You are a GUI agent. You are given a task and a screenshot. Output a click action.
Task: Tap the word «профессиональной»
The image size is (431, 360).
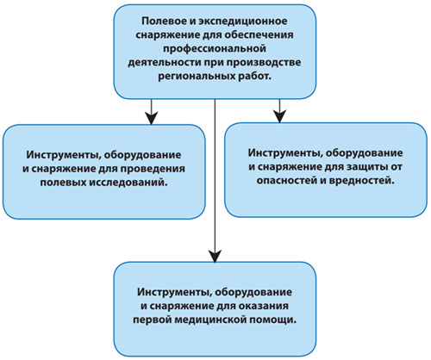click(x=215, y=49)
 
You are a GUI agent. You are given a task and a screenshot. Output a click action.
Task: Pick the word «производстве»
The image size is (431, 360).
click(x=263, y=63)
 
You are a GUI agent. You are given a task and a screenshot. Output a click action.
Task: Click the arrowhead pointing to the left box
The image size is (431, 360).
click(x=151, y=118)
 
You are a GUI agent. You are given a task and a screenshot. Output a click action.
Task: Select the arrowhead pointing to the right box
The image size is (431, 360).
click(x=279, y=116)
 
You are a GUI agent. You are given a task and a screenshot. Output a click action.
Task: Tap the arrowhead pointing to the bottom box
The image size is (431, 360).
click(x=215, y=256)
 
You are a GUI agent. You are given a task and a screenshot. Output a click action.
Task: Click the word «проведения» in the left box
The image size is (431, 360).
click(x=153, y=169)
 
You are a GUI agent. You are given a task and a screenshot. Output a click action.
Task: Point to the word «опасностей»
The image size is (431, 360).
click(x=289, y=181)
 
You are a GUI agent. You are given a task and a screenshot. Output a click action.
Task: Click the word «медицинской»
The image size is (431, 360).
click(x=209, y=320)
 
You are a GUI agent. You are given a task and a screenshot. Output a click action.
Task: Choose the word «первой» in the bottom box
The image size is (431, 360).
click(x=152, y=320)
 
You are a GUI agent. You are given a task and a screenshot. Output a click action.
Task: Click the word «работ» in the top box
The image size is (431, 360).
click(x=254, y=77)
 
